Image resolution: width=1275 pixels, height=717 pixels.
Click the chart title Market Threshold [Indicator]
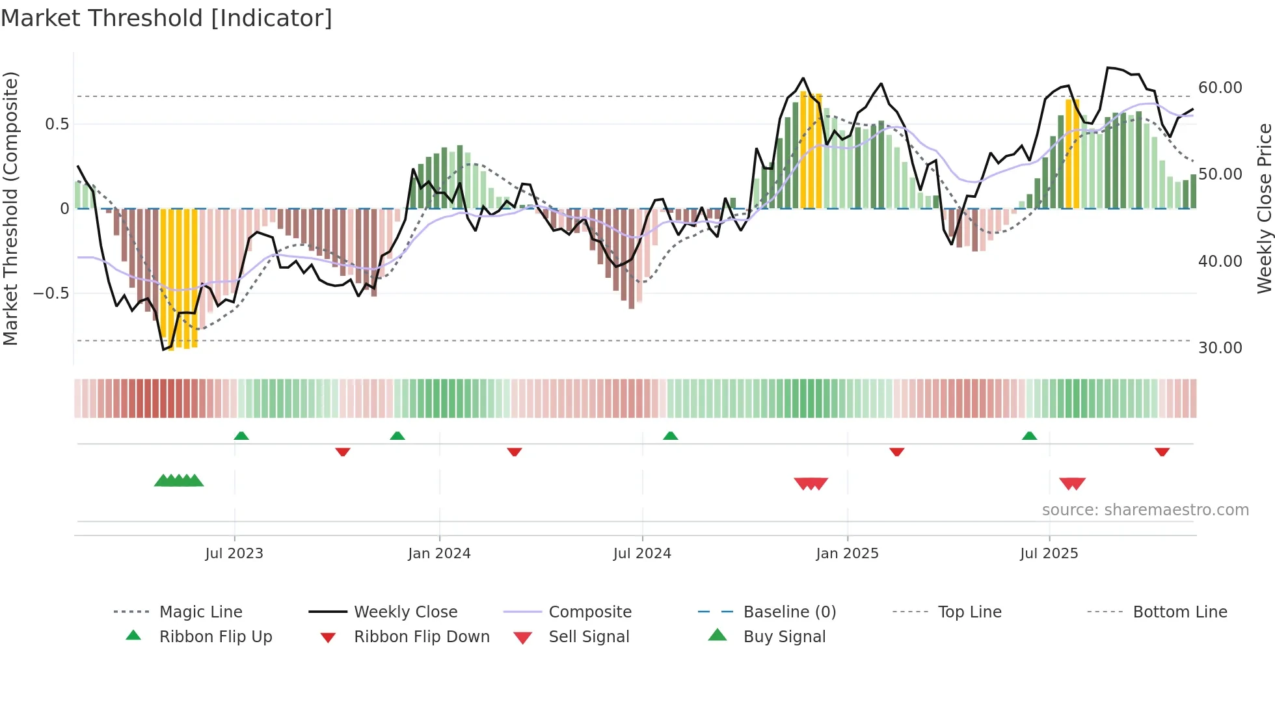tap(167, 18)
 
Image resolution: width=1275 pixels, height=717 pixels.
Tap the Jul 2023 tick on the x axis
tap(234, 554)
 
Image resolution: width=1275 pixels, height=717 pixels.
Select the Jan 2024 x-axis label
tap(439, 554)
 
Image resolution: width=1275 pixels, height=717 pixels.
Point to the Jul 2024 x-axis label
tap(642, 554)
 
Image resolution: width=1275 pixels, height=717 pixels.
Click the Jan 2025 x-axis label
tap(847, 554)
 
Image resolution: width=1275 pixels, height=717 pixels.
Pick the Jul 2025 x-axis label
tap(1049, 554)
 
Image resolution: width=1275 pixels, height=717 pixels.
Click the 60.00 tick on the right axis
tap(1220, 87)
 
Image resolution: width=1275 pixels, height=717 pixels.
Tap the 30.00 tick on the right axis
tap(1220, 347)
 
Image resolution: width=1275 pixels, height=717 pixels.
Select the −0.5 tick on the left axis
tap(51, 293)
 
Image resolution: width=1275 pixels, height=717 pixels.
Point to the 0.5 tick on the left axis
tap(57, 124)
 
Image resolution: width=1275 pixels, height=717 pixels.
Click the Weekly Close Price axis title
tap(1264, 208)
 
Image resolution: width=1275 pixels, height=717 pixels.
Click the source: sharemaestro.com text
tap(1145, 510)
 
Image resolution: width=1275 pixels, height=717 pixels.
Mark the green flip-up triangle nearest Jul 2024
tap(671, 436)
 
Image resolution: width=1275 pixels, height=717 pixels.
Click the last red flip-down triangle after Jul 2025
tap(1162, 452)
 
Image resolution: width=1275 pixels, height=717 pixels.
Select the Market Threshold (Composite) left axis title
tap(11, 208)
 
